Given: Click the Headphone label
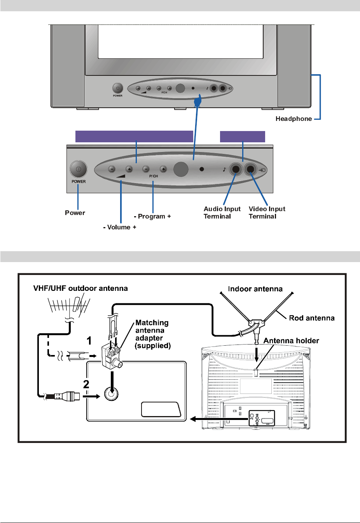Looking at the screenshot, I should point(294,119).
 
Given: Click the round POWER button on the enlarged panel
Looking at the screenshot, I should point(78,170).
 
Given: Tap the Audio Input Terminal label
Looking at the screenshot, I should point(222,213).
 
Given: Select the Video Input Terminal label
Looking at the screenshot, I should point(267,213).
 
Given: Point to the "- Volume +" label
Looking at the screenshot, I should point(120,227).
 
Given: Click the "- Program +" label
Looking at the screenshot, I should point(152,216).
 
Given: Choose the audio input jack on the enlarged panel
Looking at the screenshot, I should point(236,170).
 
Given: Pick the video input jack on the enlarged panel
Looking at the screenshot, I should point(251,170).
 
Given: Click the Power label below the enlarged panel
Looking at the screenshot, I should point(75,213).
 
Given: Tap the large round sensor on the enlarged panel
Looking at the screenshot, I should point(181,169).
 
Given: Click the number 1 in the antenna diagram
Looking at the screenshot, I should point(89,341).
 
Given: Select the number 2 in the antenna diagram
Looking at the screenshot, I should point(86,384).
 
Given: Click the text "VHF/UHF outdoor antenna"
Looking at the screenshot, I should point(80,288).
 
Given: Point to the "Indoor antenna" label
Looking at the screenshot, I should point(255,289).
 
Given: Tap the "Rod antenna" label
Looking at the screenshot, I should point(312,318).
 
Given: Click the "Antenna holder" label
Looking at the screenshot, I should point(291,341).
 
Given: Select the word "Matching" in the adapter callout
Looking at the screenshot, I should point(152,323).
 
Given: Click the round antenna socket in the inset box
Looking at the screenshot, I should point(111,394).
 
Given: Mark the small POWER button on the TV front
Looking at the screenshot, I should point(117,88).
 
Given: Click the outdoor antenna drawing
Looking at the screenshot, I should point(69,306).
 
